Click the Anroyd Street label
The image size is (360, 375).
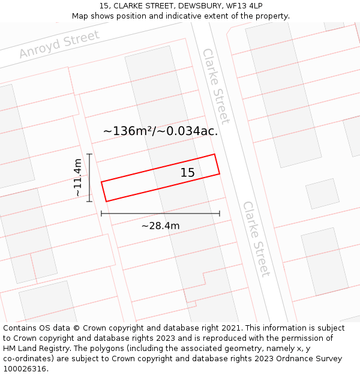click(59, 44)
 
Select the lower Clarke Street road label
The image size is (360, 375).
click(256, 239)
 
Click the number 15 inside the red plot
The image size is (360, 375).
click(188, 173)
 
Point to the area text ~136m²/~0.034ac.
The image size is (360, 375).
click(160, 131)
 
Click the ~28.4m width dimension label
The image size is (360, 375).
click(160, 226)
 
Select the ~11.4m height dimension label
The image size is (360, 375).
click(77, 178)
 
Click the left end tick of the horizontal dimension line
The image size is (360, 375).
click(101, 213)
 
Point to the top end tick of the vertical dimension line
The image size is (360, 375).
click(89, 154)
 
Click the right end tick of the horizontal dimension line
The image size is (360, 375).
click(220, 213)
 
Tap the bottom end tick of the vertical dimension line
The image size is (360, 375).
click(89, 201)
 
